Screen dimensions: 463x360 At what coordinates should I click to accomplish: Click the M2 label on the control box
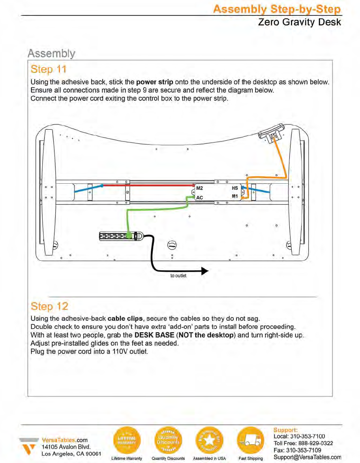coord(199,188)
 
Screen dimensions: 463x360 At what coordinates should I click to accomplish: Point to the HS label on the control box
coord(235,188)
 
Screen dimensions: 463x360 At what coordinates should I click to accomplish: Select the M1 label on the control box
coord(235,196)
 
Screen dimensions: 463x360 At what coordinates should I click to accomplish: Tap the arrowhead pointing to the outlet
coord(204,271)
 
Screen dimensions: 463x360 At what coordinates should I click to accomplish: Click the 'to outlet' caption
coord(178,276)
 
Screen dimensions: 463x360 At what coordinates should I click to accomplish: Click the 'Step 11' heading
coord(48,70)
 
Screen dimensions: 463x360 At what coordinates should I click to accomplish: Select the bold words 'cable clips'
coord(125,318)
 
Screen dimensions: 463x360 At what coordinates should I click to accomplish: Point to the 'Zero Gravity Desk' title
coord(299,22)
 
